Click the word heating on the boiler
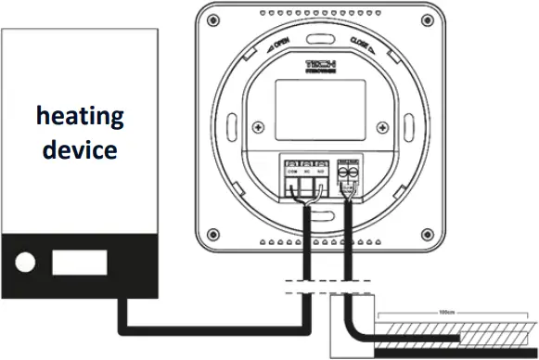(80, 117)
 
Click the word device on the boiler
(80, 148)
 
